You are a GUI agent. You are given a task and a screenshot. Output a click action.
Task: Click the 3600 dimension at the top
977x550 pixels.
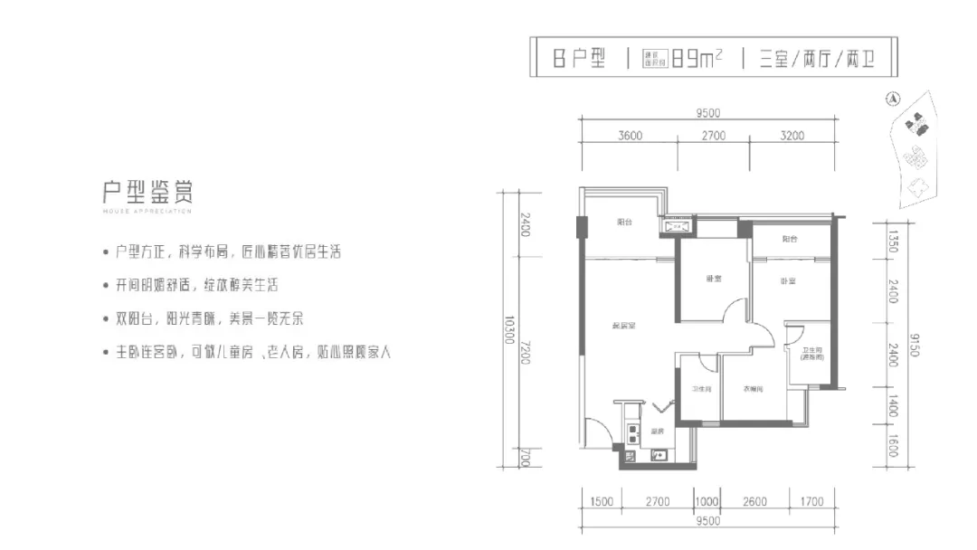631,137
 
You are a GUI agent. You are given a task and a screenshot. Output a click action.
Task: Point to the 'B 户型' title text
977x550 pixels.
579,61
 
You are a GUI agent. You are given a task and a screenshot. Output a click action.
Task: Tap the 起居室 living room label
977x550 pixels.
621,326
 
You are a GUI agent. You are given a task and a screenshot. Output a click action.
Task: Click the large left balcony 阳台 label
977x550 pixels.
624,223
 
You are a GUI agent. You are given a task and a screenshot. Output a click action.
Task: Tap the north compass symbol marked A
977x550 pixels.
892,100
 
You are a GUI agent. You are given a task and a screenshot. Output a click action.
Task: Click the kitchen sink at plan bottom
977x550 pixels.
658,456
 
